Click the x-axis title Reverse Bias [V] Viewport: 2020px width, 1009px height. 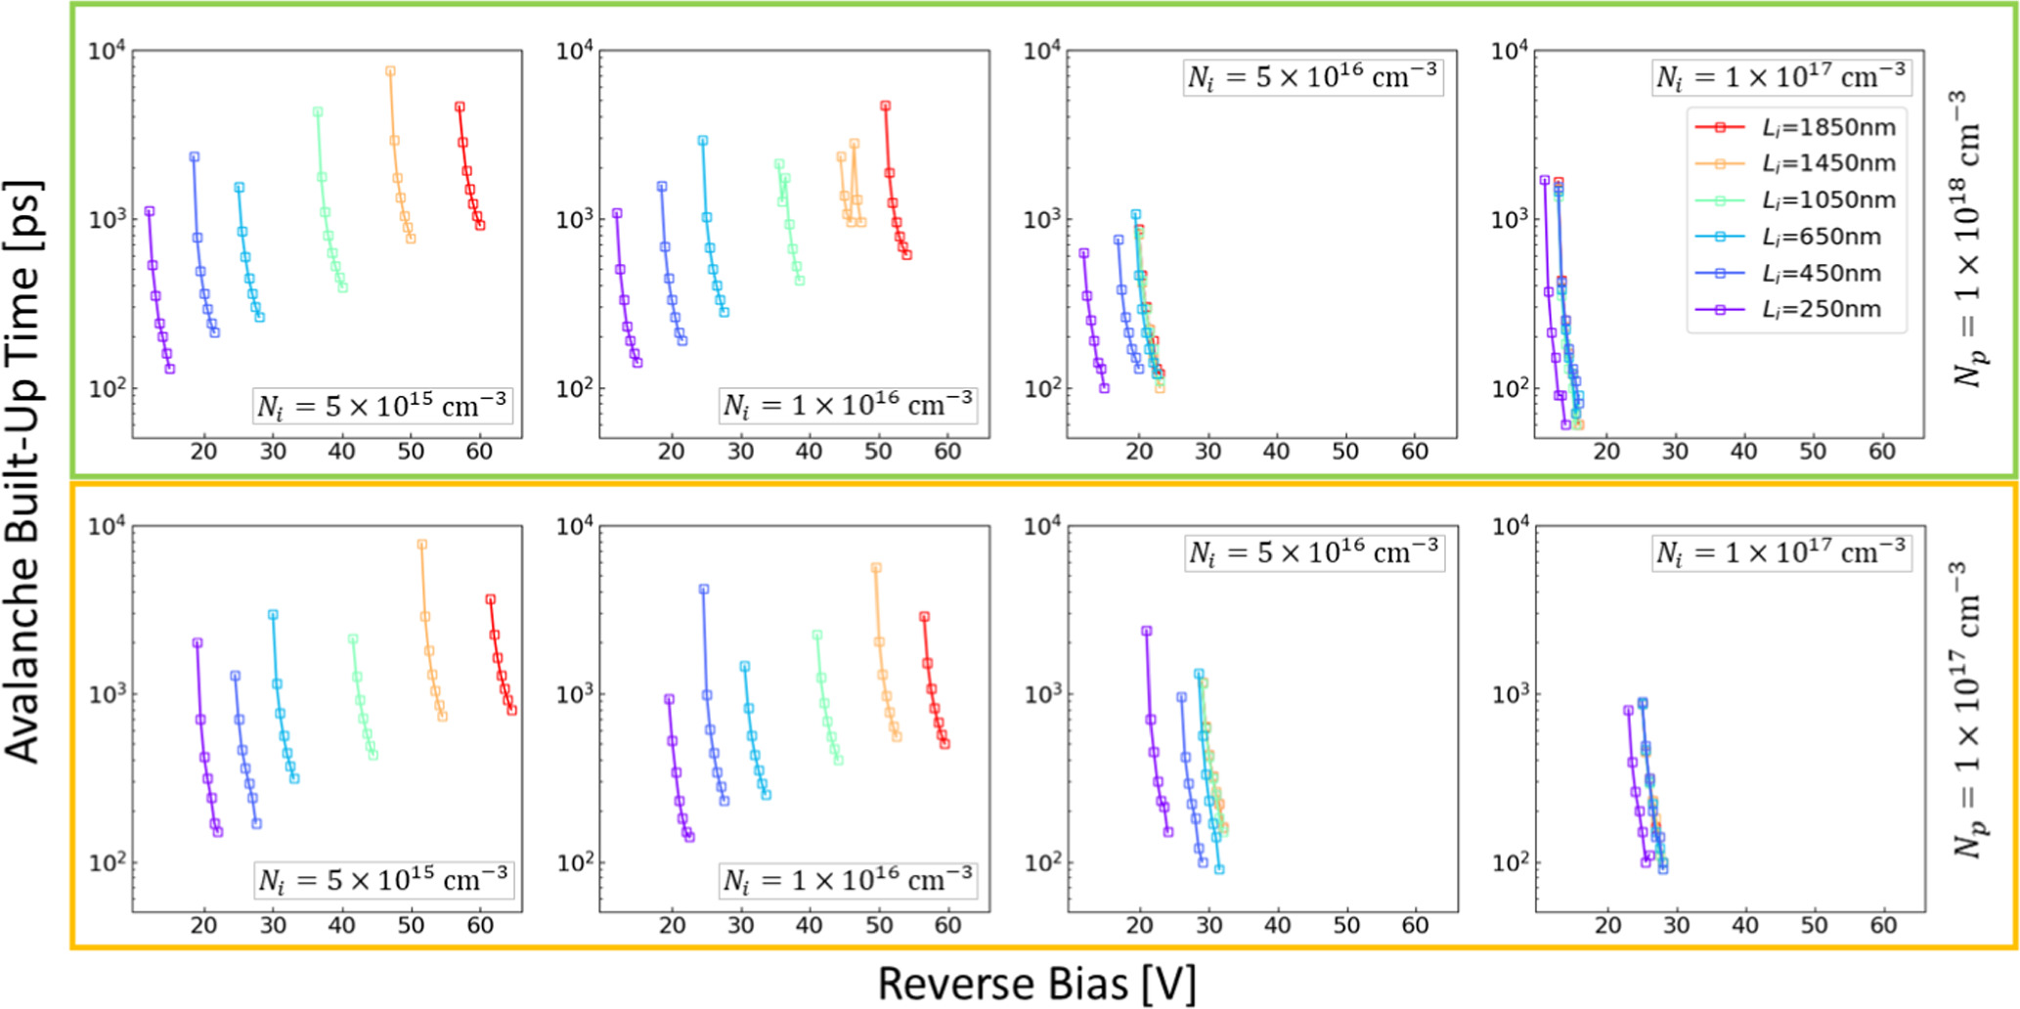[1036, 983]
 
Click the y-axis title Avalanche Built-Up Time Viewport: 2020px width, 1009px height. [23, 469]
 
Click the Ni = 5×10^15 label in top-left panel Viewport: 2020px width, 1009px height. [381, 405]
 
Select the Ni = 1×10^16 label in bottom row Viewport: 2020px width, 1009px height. [848, 880]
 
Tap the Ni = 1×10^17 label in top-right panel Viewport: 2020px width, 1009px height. [1780, 76]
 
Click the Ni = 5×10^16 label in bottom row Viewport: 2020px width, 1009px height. [1313, 553]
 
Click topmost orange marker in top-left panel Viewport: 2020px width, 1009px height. [390, 71]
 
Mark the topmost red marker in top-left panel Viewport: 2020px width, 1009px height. [460, 107]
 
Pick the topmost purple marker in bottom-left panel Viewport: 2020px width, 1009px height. [198, 643]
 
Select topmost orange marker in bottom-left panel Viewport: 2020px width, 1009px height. [422, 545]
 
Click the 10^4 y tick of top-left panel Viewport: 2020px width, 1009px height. [108, 51]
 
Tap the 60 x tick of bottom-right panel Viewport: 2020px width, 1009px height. [1883, 925]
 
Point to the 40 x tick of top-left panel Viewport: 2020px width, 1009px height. [342, 451]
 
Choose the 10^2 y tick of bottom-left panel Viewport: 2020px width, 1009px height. [108, 863]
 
